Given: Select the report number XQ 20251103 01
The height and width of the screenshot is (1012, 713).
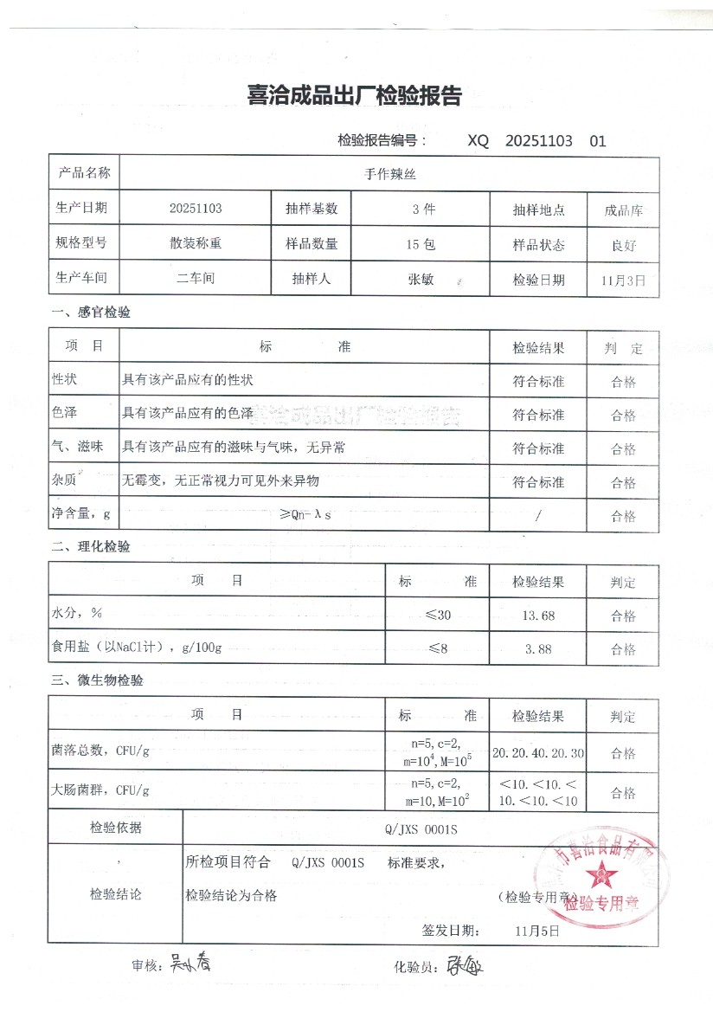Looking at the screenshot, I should click(536, 140).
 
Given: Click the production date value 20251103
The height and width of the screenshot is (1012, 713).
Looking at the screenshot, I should click(196, 209).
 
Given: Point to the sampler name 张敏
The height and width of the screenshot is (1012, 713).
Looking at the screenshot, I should click(421, 280).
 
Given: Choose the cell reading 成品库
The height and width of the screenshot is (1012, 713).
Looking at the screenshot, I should click(623, 210).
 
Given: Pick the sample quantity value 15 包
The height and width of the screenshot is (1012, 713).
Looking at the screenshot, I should click(421, 244).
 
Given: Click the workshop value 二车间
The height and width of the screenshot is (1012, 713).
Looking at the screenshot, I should click(196, 279).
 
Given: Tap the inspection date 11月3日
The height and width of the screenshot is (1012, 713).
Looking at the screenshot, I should click(623, 280).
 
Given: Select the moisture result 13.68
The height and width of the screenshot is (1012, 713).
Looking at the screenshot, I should click(538, 616).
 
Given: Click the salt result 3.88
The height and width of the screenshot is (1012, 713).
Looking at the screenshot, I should click(538, 648).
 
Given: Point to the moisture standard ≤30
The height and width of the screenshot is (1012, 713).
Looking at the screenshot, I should click(438, 616).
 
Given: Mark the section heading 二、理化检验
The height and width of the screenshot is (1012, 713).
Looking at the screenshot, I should click(91, 547).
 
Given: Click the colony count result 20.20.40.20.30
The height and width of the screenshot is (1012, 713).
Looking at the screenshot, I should click(538, 753).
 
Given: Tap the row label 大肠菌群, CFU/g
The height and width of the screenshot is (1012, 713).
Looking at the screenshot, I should click(101, 790).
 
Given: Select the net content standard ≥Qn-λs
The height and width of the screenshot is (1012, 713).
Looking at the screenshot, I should click(305, 515).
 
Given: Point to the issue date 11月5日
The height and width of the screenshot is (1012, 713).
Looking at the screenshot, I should click(536, 931).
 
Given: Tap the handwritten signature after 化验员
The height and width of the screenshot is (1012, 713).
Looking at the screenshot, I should click(466, 964).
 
